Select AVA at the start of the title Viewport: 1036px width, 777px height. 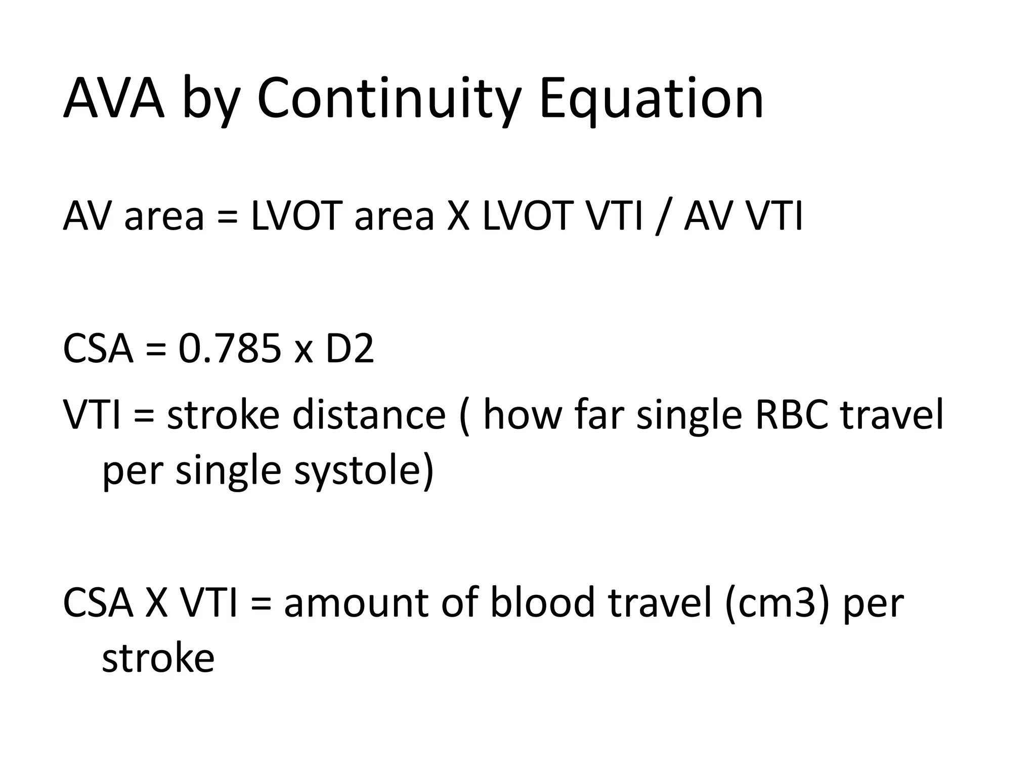(x=114, y=99)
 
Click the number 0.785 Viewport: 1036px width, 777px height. (x=230, y=349)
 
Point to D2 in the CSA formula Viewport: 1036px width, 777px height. (x=350, y=349)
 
